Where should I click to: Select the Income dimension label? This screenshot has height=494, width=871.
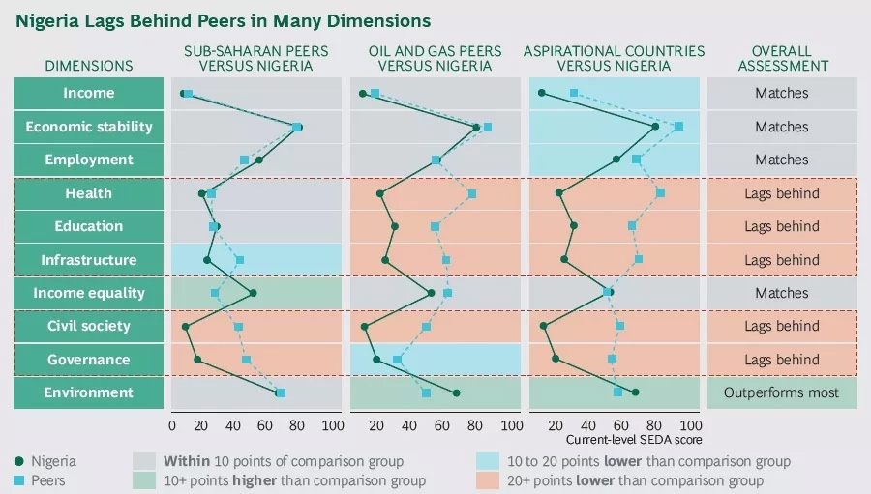[88, 93]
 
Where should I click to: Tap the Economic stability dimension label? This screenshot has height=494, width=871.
[88, 127]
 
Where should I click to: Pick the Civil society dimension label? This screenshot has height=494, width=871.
[88, 326]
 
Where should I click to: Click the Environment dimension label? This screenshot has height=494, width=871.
[88, 392]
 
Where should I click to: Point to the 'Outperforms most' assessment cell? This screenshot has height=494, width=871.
[781, 392]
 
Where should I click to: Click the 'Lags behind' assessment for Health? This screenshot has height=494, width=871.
[781, 193]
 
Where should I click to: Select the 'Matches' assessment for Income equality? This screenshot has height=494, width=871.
[781, 293]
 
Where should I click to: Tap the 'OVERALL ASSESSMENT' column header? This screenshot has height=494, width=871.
[781, 58]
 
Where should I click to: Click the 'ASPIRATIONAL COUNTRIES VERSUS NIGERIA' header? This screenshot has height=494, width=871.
[614, 58]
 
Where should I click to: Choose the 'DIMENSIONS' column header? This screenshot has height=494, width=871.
[88, 66]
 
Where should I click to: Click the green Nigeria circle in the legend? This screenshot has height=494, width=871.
[20, 461]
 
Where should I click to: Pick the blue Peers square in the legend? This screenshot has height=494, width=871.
[20, 480]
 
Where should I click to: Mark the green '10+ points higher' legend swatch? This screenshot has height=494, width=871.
[144, 480]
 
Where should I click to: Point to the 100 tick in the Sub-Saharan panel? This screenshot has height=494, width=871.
[332, 425]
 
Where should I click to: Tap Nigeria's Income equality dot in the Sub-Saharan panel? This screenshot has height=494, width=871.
[253, 293]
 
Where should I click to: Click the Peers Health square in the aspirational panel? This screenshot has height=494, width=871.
[661, 193]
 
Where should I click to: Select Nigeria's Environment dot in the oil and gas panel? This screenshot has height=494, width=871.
[456, 392]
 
